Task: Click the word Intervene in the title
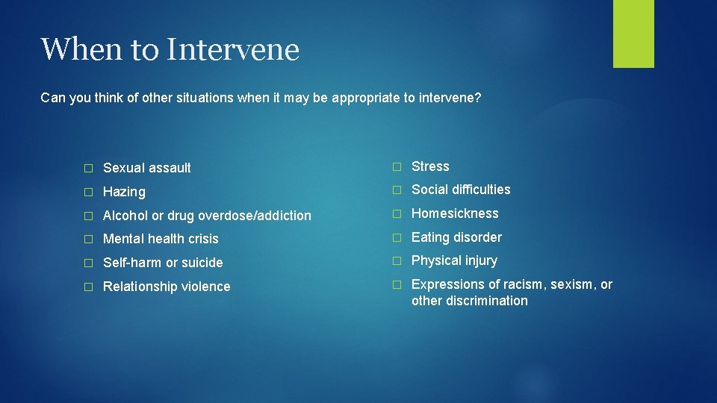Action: [234, 50]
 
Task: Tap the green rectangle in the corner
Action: [633, 33]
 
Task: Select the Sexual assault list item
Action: [146, 168]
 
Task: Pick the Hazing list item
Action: [124, 192]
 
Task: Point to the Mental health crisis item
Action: [161, 239]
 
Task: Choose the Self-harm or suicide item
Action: [163, 263]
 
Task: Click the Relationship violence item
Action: [167, 287]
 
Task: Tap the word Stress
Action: [430, 166]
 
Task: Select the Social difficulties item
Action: [461, 190]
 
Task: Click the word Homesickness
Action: [455, 213]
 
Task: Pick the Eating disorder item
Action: [456, 237]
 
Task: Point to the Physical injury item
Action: [454, 260]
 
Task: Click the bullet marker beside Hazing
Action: [87, 193]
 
